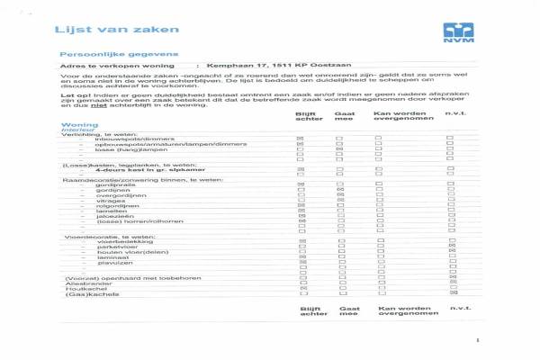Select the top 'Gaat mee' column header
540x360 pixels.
[x=343, y=117]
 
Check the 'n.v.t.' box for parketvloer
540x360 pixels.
[x=452, y=246]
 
